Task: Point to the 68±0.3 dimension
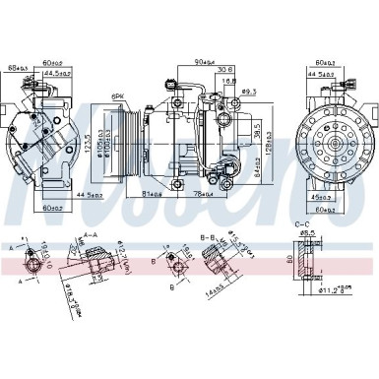coord(17,68)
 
